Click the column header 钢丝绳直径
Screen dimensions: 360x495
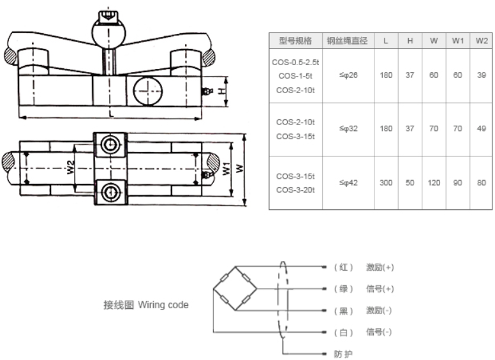[x=348, y=40]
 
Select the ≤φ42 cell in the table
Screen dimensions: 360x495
[x=348, y=183]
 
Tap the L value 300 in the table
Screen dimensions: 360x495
[x=386, y=183]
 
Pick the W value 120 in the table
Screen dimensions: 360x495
[x=434, y=183]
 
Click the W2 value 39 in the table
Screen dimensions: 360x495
[x=482, y=75]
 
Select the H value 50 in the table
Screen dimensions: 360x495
[x=410, y=183]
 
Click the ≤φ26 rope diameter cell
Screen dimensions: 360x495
[x=348, y=75]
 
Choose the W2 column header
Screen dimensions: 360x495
[x=482, y=40]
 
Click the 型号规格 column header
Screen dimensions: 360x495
[x=295, y=40]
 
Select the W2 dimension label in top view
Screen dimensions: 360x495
[x=71, y=167]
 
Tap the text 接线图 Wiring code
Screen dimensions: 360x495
[x=146, y=305]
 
